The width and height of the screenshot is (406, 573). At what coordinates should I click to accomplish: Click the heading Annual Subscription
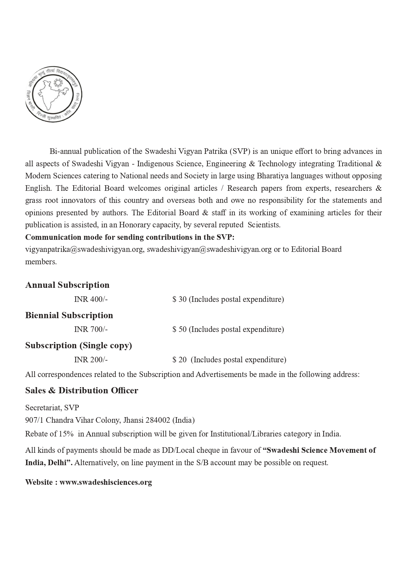coord(67,285)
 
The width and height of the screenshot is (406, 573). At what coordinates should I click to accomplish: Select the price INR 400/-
coord(91,299)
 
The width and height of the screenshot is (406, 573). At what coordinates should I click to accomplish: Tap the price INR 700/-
coord(91,329)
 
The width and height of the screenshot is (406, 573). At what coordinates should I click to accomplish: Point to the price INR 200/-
coord(91,360)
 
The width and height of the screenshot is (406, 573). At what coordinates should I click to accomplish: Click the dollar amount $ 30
coord(180,299)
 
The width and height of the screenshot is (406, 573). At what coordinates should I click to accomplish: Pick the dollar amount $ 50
coord(180,329)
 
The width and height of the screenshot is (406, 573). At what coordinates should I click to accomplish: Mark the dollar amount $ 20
coord(180,360)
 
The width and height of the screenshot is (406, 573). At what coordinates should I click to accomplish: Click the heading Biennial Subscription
coord(69,315)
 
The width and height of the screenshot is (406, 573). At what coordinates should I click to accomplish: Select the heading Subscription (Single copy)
coord(79,345)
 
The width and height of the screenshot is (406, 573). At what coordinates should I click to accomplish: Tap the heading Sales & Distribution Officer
coord(82,390)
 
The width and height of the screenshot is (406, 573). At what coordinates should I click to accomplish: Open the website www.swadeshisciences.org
coord(106,482)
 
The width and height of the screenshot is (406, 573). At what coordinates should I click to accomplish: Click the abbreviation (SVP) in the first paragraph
coord(239,151)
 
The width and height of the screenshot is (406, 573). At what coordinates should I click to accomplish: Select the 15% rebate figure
coord(66,434)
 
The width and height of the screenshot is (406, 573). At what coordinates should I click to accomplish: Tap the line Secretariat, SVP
coord(52,408)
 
